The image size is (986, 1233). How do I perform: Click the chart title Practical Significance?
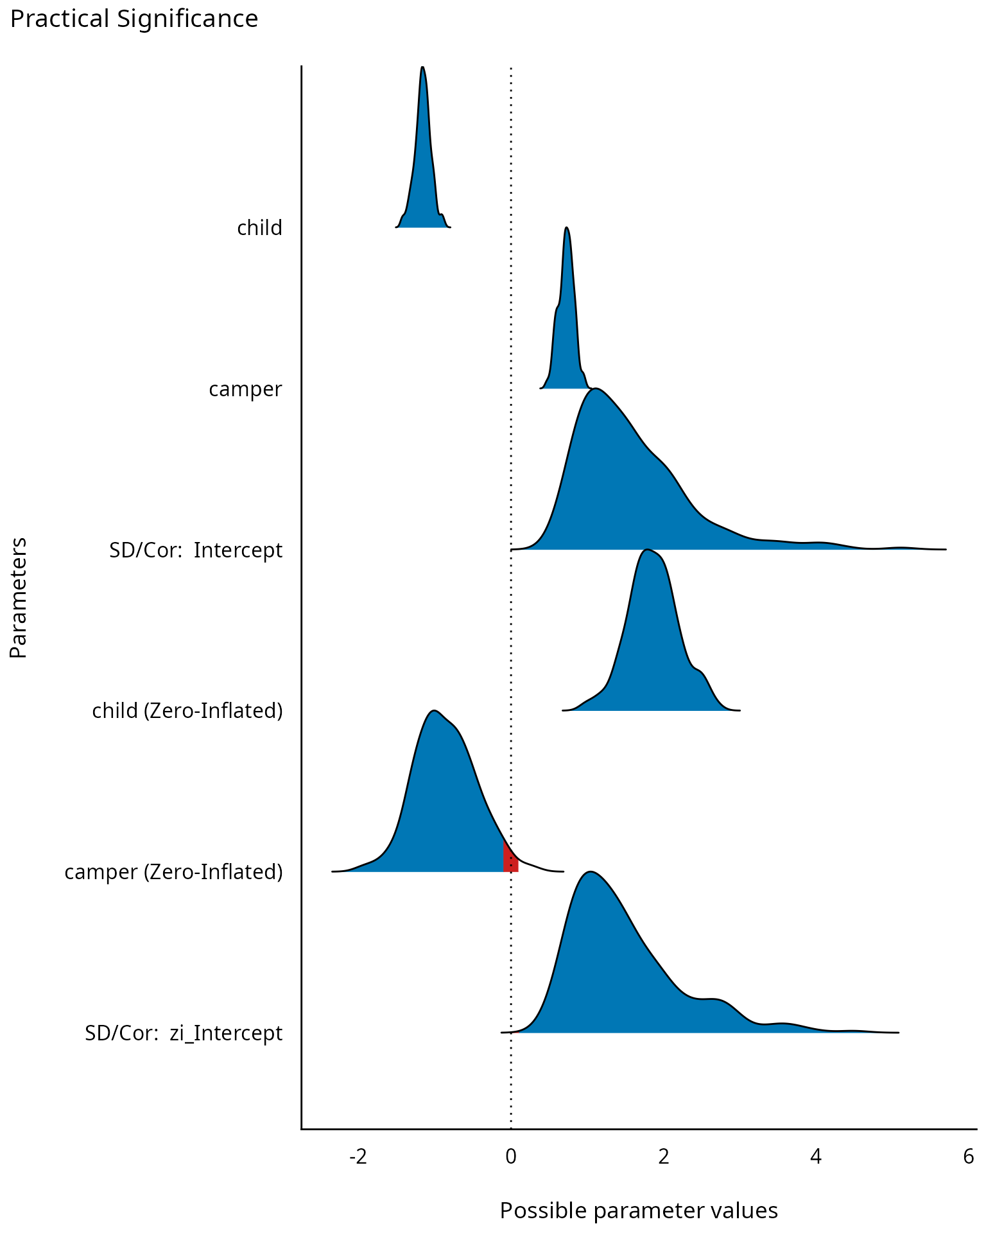pyautogui.click(x=134, y=19)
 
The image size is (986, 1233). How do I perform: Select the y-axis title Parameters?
pyautogui.click(x=19, y=598)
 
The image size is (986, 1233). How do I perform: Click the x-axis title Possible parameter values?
pyautogui.click(x=639, y=1211)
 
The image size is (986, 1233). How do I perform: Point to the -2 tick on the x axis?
pyautogui.click(x=358, y=1157)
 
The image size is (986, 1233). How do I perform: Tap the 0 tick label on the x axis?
pyautogui.click(x=511, y=1157)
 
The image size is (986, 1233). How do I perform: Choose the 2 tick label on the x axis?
pyautogui.click(x=664, y=1157)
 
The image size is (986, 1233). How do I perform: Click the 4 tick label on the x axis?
pyautogui.click(x=816, y=1157)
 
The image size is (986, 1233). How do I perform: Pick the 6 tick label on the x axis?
pyautogui.click(x=969, y=1157)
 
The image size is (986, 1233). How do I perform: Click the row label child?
pyautogui.click(x=259, y=228)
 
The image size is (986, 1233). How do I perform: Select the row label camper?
pyautogui.click(x=245, y=389)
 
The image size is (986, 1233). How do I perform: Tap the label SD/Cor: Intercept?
pyautogui.click(x=196, y=550)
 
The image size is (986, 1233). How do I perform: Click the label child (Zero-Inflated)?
pyautogui.click(x=187, y=711)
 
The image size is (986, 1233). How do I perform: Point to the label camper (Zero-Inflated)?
pyautogui.click(x=173, y=872)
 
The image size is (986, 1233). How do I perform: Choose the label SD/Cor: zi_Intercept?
pyautogui.click(x=184, y=1033)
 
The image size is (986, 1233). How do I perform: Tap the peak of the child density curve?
pyautogui.click(x=422, y=68)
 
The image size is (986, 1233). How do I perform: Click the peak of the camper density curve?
pyautogui.click(x=566, y=229)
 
